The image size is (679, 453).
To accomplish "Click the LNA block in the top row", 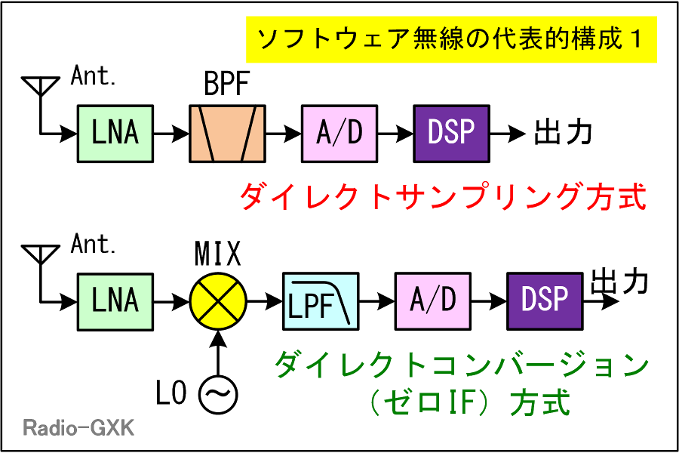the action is tap(115, 134).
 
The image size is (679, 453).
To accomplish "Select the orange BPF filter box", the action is tap(227, 134).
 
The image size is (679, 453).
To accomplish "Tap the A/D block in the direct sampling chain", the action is tap(339, 134).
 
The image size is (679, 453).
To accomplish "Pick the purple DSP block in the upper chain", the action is tap(452, 134).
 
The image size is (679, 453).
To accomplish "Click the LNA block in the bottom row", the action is tap(115, 302).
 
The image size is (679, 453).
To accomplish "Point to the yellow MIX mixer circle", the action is tap(218, 302).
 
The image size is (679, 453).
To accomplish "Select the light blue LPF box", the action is tap(321, 302).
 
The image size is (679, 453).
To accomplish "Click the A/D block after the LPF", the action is tap(432, 302).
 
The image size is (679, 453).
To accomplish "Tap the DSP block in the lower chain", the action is tap(545, 302).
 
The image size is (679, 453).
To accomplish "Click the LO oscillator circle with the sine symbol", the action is tap(218, 394).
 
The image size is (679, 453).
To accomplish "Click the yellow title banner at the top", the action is tap(451, 39).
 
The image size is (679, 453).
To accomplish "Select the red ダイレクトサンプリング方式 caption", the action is tap(443, 196).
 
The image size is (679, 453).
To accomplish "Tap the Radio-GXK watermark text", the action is tap(78, 428).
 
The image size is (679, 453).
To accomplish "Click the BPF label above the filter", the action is tap(227, 84).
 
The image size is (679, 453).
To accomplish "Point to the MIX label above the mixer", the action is tap(217, 253).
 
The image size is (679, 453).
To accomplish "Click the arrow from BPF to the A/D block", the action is tap(283, 134).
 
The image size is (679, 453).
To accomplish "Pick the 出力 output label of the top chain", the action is tap(563, 132).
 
